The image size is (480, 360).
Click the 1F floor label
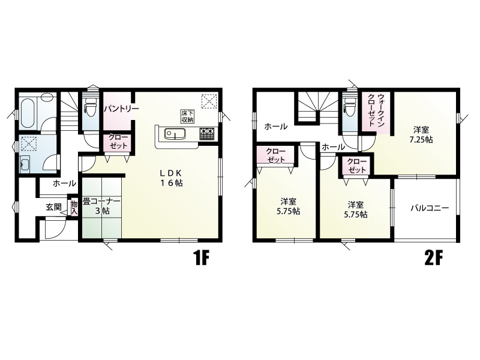[x=200, y=259]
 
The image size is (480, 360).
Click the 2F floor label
[x=433, y=259]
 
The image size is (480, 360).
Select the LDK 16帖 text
[x=171, y=178]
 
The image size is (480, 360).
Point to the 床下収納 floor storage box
[x=187, y=116]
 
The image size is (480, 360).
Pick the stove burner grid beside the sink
[x=207, y=134]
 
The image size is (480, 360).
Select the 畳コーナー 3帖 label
[x=101, y=206]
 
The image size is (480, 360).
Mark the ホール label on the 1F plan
[x=64, y=183]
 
